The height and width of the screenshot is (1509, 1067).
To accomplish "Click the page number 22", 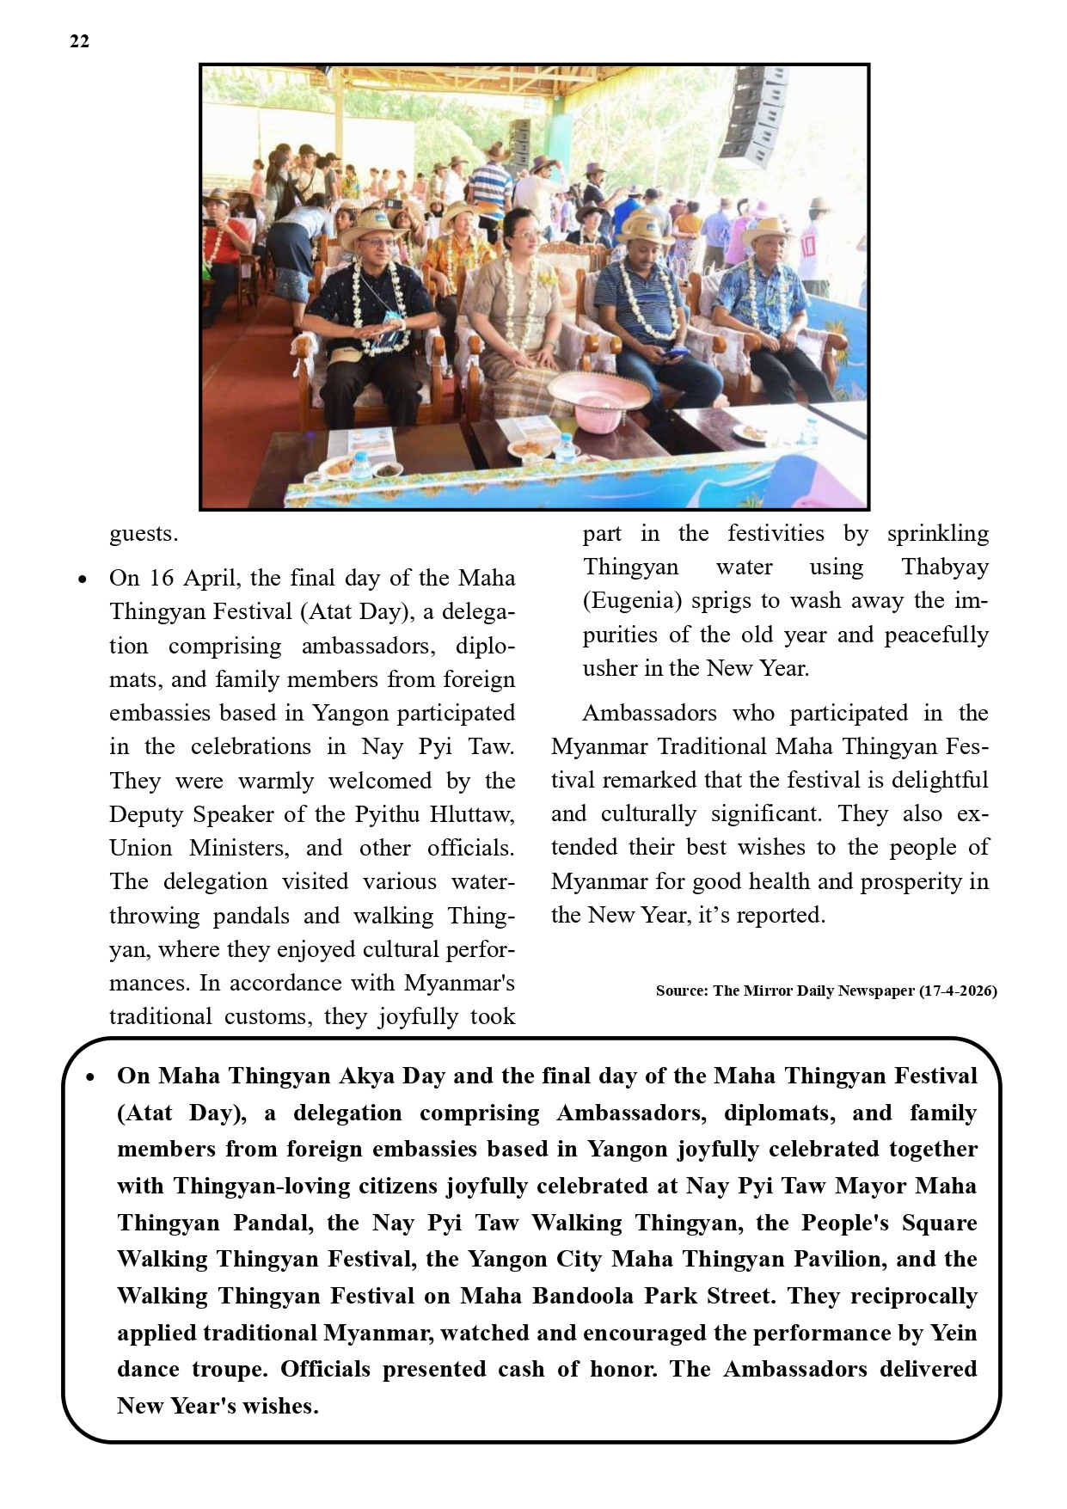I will (79, 41).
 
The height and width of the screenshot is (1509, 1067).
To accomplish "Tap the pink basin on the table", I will (598, 397).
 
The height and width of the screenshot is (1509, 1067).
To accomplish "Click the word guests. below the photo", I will (144, 534).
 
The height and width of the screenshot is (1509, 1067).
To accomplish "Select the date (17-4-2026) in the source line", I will (958, 991).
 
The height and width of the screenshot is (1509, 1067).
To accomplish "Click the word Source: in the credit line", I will (682, 991).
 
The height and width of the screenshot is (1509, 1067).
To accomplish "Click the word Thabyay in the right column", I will (944, 567).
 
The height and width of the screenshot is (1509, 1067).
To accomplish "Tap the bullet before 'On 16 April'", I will (83, 580).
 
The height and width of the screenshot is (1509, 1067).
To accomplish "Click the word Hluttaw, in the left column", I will (472, 814).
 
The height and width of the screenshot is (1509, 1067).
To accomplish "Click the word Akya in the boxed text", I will (367, 1076).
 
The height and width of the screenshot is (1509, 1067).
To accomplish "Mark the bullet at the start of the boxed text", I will (90, 1077).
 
